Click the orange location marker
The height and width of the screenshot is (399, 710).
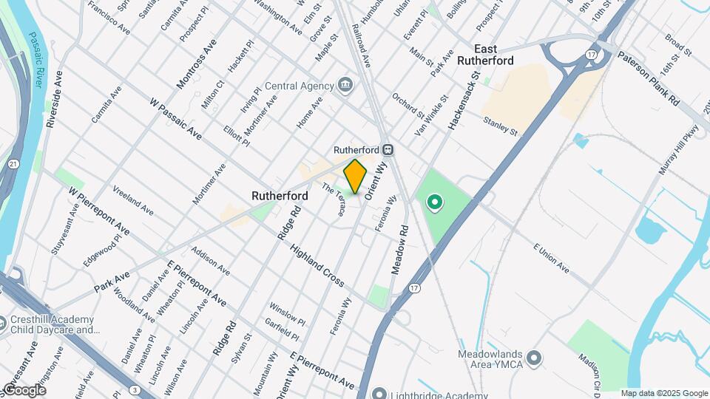coord(356,176)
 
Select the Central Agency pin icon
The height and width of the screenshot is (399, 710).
coord(345,86)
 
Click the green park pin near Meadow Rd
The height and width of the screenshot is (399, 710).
coord(435,201)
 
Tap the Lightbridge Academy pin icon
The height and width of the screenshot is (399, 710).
coord(379,392)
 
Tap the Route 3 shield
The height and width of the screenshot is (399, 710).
coord(135,389)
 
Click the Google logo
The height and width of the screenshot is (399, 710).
coord(24,390)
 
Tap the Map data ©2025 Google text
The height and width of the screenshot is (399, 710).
coord(663,394)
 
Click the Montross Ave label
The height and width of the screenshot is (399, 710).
coord(195,64)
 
